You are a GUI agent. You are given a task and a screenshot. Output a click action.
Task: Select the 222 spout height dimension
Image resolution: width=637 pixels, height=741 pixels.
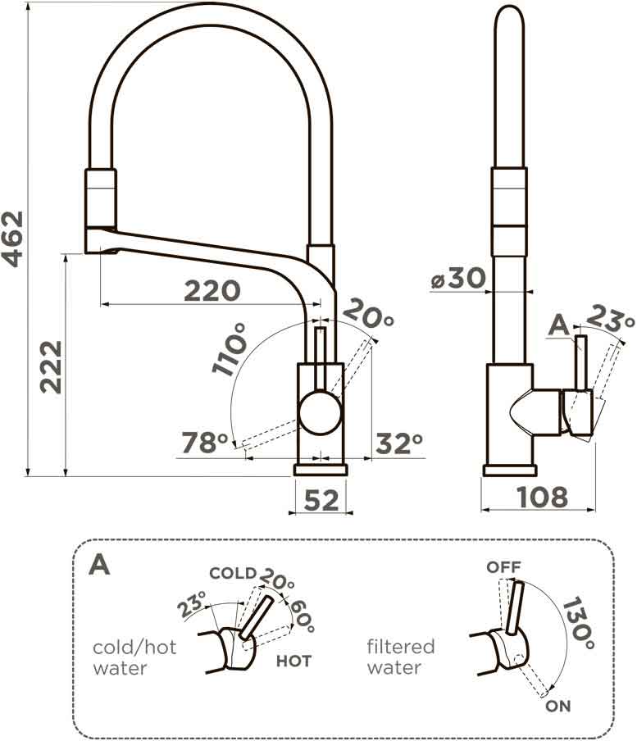tap(51, 366)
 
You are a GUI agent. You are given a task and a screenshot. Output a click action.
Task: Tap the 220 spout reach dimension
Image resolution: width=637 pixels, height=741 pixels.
tap(212, 290)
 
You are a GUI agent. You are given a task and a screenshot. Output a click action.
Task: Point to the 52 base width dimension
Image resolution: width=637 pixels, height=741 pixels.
tap(321, 499)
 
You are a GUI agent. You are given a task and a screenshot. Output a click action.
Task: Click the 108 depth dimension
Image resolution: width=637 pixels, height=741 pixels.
tap(542, 497)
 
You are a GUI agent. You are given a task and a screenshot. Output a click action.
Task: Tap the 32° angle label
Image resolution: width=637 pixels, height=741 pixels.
tap(398, 443)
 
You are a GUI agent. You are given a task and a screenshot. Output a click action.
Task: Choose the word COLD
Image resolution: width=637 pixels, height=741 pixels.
tap(233, 573)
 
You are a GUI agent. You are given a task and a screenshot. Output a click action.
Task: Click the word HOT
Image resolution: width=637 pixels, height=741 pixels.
tap(293, 660)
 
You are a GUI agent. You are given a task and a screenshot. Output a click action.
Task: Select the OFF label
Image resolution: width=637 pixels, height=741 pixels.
tap(503, 566)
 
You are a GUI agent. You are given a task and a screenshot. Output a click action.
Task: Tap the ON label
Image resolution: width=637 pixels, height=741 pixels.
tap(558, 706)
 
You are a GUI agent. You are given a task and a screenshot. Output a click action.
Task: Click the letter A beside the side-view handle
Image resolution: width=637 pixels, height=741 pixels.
tap(558, 326)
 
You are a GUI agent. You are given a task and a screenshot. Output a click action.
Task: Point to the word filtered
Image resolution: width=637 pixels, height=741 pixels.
tap(401, 647)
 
